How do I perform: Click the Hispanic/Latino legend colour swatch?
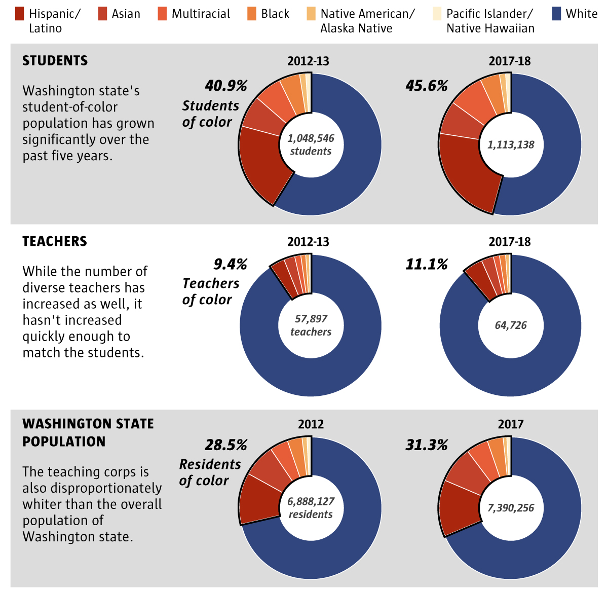[20, 14]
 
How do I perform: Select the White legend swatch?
[556, 14]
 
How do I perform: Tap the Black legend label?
[275, 14]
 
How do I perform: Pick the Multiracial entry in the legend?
[201, 14]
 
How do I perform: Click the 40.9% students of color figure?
[226, 86]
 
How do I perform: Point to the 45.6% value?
[427, 86]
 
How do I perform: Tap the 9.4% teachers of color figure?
[230, 264]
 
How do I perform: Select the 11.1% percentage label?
[427, 264]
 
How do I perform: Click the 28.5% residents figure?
[226, 445]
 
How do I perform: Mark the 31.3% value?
[427, 445]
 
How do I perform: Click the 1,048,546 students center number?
[311, 138]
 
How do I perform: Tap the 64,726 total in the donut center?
[511, 325]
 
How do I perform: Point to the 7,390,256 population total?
[511, 508]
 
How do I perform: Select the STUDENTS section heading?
[55, 61]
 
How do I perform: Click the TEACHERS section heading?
[55, 241]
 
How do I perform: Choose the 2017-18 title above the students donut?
[510, 61]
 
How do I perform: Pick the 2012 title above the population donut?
[311, 424]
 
